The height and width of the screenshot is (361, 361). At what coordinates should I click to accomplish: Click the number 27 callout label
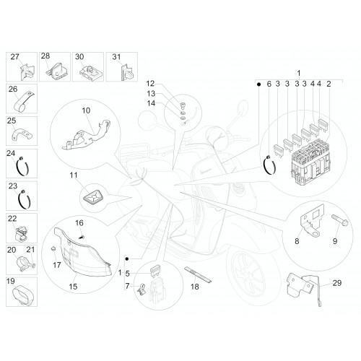coord(14,57)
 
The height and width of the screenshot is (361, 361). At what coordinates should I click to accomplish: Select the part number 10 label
coord(86,110)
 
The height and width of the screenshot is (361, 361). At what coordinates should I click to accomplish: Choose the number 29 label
coord(337,283)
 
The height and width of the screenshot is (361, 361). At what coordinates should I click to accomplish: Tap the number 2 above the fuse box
coord(329,84)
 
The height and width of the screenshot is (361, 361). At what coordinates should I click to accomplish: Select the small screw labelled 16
coord(82,237)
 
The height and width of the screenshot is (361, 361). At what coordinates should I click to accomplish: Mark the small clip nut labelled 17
coord(53,249)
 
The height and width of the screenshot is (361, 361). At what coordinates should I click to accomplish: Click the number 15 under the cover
coord(73,287)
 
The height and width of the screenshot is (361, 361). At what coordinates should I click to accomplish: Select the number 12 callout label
coord(150,84)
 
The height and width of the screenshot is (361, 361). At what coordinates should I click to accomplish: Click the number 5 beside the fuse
coord(127,274)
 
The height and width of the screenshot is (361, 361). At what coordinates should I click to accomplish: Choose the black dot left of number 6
coord(258,84)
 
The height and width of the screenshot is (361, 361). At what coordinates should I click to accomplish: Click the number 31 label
coord(116,57)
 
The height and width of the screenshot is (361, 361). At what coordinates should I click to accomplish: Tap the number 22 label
coord(12,219)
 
